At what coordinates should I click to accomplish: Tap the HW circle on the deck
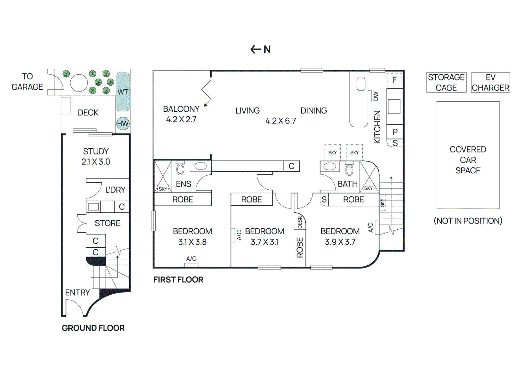[x=123, y=123]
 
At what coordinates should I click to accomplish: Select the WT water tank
[x=123, y=92]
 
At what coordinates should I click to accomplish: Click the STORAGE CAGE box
[x=446, y=82]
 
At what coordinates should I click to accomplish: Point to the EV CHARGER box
[x=490, y=82]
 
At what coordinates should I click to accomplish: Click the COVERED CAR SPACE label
[x=468, y=160]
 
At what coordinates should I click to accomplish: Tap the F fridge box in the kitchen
[x=394, y=80]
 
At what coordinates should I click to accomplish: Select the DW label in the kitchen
[x=376, y=96]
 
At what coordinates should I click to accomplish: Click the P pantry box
[x=395, y=132]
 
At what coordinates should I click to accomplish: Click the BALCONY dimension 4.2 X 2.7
[x=181, y=120]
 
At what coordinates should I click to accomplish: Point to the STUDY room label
[x=96, y=152]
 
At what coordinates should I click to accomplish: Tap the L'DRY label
[x=115, y=190]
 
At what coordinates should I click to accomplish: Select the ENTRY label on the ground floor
[x=77, y=292]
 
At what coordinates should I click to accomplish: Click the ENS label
[x=183, y=184]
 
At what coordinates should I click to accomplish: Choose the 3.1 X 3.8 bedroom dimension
[x=192, y=242]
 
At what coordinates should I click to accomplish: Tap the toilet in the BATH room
[x=349, y=169]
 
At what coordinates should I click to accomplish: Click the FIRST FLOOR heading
[x=178, y=280]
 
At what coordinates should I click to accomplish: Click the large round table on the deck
[x=79, y=83]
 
